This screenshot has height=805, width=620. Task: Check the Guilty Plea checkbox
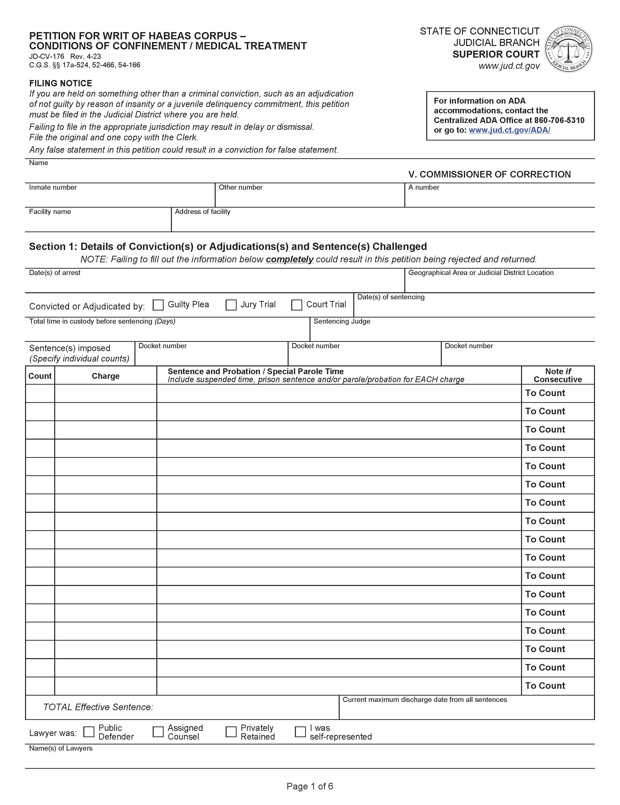point(158,305)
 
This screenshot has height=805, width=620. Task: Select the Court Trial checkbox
point(296,305)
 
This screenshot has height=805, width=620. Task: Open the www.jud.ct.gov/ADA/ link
point(509,130)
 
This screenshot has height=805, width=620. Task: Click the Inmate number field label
point(53,187)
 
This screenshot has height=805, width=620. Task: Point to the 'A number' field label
point(424,187)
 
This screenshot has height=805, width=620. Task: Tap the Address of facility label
point(202,212)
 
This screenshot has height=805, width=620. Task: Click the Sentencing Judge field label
point(341,321)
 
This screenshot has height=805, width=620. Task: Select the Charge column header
point(106,376)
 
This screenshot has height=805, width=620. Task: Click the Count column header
point(40,376)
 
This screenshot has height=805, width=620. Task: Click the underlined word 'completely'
point(289,259)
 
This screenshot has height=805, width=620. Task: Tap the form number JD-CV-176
point(46,56)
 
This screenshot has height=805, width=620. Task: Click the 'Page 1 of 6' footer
point(310,786)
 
